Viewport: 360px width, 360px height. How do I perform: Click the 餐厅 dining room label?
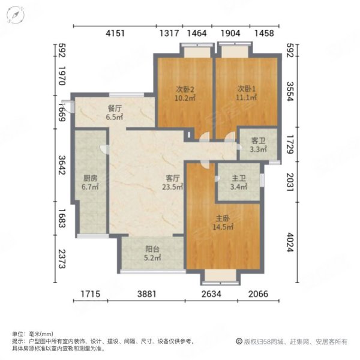[115, 109]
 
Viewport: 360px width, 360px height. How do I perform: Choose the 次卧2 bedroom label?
[185, 90]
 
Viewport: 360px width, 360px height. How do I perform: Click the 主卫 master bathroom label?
[239, 178]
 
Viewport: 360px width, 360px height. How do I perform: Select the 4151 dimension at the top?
[115, 34]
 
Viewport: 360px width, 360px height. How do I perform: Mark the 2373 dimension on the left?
[61, 261]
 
